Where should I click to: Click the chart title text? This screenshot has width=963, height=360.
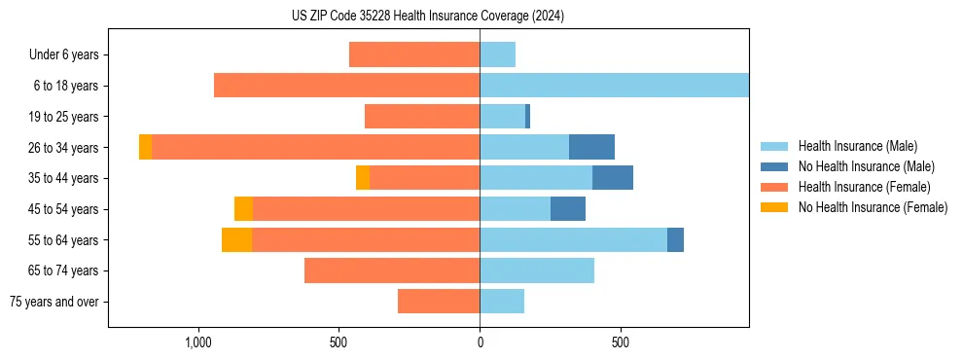tap(428, 17)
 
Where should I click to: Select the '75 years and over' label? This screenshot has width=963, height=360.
tap(54, 302)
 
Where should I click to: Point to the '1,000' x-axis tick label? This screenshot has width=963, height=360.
tap(198, 343)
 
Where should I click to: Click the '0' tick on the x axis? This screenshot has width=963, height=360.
tap(480, 343)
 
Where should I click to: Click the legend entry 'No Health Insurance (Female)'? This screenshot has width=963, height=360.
tap(873, 207)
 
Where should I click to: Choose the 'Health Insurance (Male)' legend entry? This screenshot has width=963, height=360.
tap(857, 146)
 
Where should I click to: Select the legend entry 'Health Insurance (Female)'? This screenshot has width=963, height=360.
tap(864, 187)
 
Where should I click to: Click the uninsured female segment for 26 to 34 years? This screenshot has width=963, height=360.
tap(145, 147)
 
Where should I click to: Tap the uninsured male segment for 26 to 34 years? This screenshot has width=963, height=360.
tap(591, 147)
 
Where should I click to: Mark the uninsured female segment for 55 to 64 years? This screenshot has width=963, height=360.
tap(236, 239)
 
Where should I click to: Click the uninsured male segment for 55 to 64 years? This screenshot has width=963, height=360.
tap(675, 239)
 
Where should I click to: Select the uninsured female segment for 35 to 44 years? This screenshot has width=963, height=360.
tap(363, 178)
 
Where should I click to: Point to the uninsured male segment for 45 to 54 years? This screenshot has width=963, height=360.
tap(568, 209)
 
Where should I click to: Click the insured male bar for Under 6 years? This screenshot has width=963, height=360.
tap(497, 54)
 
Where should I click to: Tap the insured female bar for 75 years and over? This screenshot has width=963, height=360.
tap(439, 302)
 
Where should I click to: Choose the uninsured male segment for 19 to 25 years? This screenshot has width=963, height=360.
tap(527, 117)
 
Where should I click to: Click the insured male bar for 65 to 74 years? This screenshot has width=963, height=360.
tap(537, 270)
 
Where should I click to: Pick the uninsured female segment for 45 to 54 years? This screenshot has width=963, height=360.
tap(243, 209)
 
